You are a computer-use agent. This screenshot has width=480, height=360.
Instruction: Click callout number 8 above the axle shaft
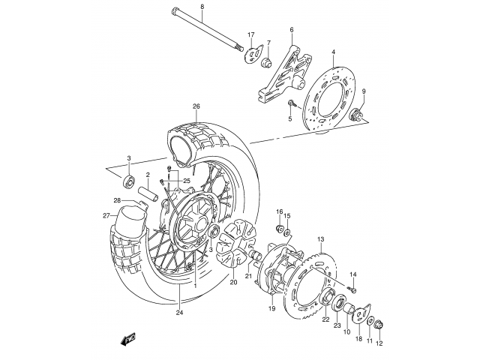tap(201, 7)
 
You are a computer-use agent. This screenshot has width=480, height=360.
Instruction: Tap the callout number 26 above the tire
tap(196, 106)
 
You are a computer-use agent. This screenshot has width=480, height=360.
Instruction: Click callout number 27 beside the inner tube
tap(106, 216)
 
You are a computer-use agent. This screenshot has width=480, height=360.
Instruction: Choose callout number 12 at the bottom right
tap(379, 343)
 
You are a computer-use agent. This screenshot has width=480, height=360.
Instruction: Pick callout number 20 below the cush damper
tap(233, 283)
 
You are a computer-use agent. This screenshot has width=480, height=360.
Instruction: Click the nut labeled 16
tap(280, 229)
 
